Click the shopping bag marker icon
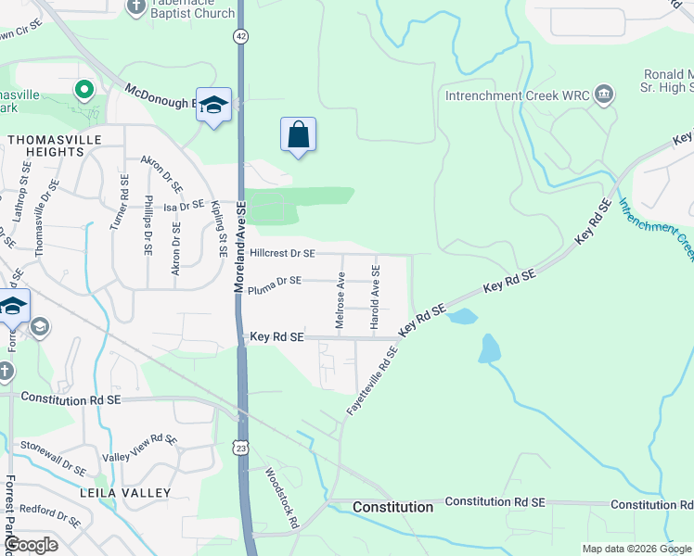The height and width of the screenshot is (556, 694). (298, 135)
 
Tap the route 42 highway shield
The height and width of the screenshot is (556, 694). (241, 35)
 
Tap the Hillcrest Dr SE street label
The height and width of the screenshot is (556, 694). (283, 253)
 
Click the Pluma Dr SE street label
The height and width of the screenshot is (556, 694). (276, 280)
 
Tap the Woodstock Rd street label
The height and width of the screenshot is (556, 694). (282, 499)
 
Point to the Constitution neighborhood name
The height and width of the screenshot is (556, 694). (392, 507)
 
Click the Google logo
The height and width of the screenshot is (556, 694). (31, 545)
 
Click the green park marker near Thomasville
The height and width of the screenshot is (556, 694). (84, 91)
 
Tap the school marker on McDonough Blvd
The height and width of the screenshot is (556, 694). (213, 106)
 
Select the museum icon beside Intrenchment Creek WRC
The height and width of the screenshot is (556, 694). (604, 94)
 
